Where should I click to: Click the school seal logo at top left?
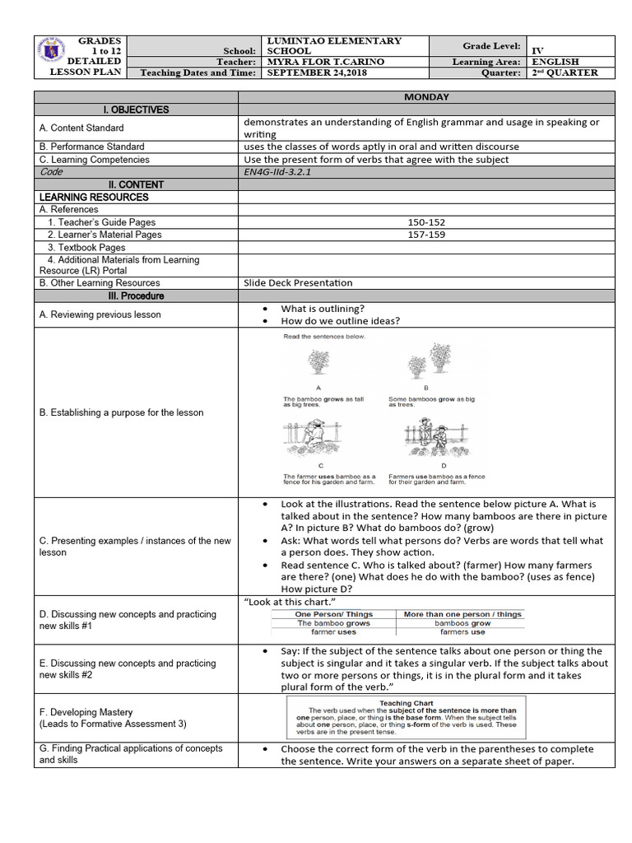[x=54, y=56]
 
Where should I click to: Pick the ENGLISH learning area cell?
[x=556, y=62]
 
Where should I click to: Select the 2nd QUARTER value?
[x=562, y=72]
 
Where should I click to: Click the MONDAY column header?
[x=426, y=97]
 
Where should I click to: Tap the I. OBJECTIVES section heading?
[x=136, y=109]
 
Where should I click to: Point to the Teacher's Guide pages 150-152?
[x=426, y=222]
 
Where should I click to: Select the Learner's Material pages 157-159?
[x=426, y=235]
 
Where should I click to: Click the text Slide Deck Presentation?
[x=298, y=282]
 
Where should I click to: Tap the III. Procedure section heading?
[x=136, y=296]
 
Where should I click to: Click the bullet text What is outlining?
[x=323, y=309]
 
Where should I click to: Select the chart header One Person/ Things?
[x=333, y=614]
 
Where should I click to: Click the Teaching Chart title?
[x=412, y=703]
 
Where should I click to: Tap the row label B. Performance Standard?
[x=92, y=147]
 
